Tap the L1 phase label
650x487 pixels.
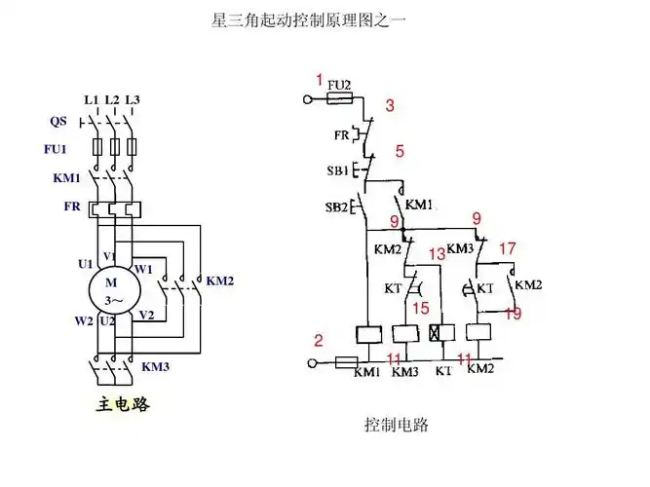pos(92,100)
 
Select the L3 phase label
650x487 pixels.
pos(133,100)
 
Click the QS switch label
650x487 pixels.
pos(58,122)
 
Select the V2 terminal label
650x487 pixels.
pos(146,315)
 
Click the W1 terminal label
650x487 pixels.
pos(143,268)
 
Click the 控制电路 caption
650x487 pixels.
pos(397,426)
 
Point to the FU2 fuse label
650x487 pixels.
pos(340,85)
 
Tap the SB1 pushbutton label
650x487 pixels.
pos(337,170)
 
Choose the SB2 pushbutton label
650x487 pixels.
pos(337,207)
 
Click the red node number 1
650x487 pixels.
pos(319,79)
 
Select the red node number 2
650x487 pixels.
pos(318,341)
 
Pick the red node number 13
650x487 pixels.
pos(437,253)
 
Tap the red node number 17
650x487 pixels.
pos(507,248)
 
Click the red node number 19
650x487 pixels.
pos(513,314)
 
